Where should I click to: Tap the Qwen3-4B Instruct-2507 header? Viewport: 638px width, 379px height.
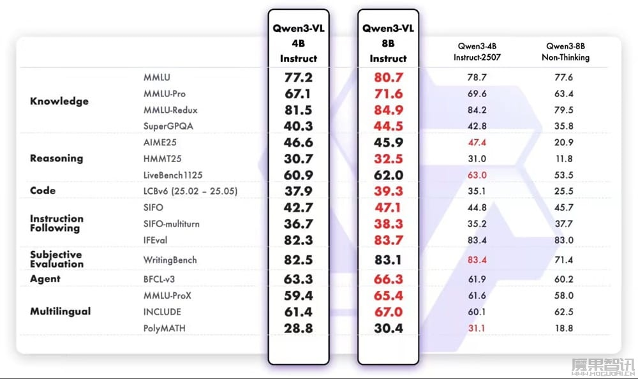[x=478, y=52]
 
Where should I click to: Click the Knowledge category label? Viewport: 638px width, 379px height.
[x=59, y=101]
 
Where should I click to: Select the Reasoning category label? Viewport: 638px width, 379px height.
[x=56, y=158]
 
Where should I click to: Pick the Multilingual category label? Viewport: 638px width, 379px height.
[x=61, y=311]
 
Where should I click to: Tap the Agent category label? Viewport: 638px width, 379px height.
[x=45, y=279]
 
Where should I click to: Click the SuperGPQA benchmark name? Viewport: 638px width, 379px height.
[x=168, y=126]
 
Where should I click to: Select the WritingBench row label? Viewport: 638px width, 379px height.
[x=170, y=260]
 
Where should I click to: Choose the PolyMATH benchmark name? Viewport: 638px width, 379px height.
[x=165, y=328]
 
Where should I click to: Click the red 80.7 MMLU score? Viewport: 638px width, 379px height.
[x=388, y=78]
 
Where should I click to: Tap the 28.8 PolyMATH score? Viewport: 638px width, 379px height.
[x=298, y=328]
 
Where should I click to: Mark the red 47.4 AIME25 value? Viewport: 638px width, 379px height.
[x=478, y=142]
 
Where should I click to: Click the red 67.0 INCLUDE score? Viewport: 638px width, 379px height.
[x=388, y=311]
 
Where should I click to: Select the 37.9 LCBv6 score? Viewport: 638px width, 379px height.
[x=298, y=191]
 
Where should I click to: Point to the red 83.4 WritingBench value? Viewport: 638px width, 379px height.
[x=478, y=260]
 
